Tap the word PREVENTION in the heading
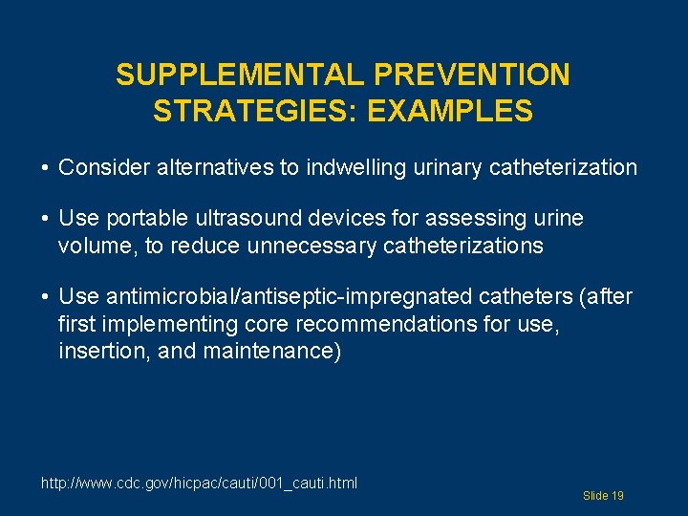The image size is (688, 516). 472,75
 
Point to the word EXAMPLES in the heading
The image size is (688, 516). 451,112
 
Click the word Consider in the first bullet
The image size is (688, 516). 100,168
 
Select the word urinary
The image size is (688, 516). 444,168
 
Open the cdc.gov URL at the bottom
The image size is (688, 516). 199,483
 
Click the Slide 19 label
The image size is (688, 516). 603,496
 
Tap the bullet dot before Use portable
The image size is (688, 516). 46,220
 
